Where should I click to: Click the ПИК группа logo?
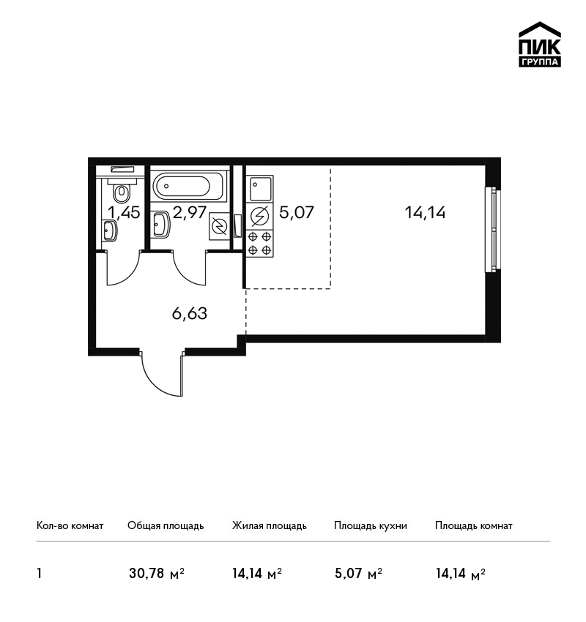tap(540, 45)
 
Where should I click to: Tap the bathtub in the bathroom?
tap(188, 186)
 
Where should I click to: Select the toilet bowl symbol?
tap(122, 192)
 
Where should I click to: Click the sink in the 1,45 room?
tap(109, 231)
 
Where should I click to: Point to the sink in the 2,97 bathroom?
tap(161, 225)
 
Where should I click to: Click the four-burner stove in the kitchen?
tap(259, 244)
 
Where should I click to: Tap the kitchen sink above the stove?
tap(259, 189)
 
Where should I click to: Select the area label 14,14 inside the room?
tap(425, 213)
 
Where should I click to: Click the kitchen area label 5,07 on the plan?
tap(297, 212)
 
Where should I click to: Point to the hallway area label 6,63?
tap(190, 313)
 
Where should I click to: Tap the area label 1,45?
tap(124, 213)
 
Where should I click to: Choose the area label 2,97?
tap(190, 212)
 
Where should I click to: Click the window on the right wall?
tap(492, 229)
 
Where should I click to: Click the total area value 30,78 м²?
tap(157, 573)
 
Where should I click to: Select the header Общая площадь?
tap(166, 526)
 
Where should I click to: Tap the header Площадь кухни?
tap(371, 526)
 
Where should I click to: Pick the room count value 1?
tap(39, 573)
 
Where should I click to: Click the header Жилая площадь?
tap(269, 526)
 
